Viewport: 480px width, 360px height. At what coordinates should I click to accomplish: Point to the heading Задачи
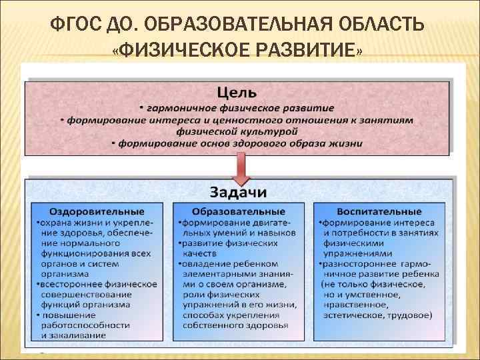(x=238, y=192)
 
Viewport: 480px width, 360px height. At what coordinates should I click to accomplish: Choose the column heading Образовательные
(x=239, y=212)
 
